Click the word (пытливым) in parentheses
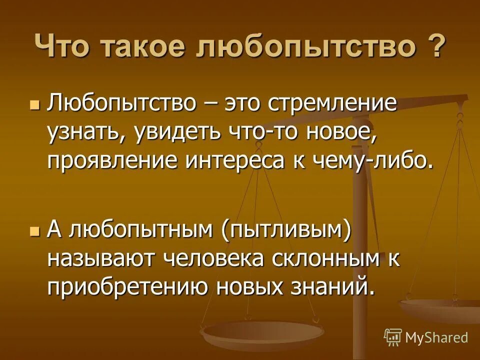[286, 232]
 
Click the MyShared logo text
[436, 337]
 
